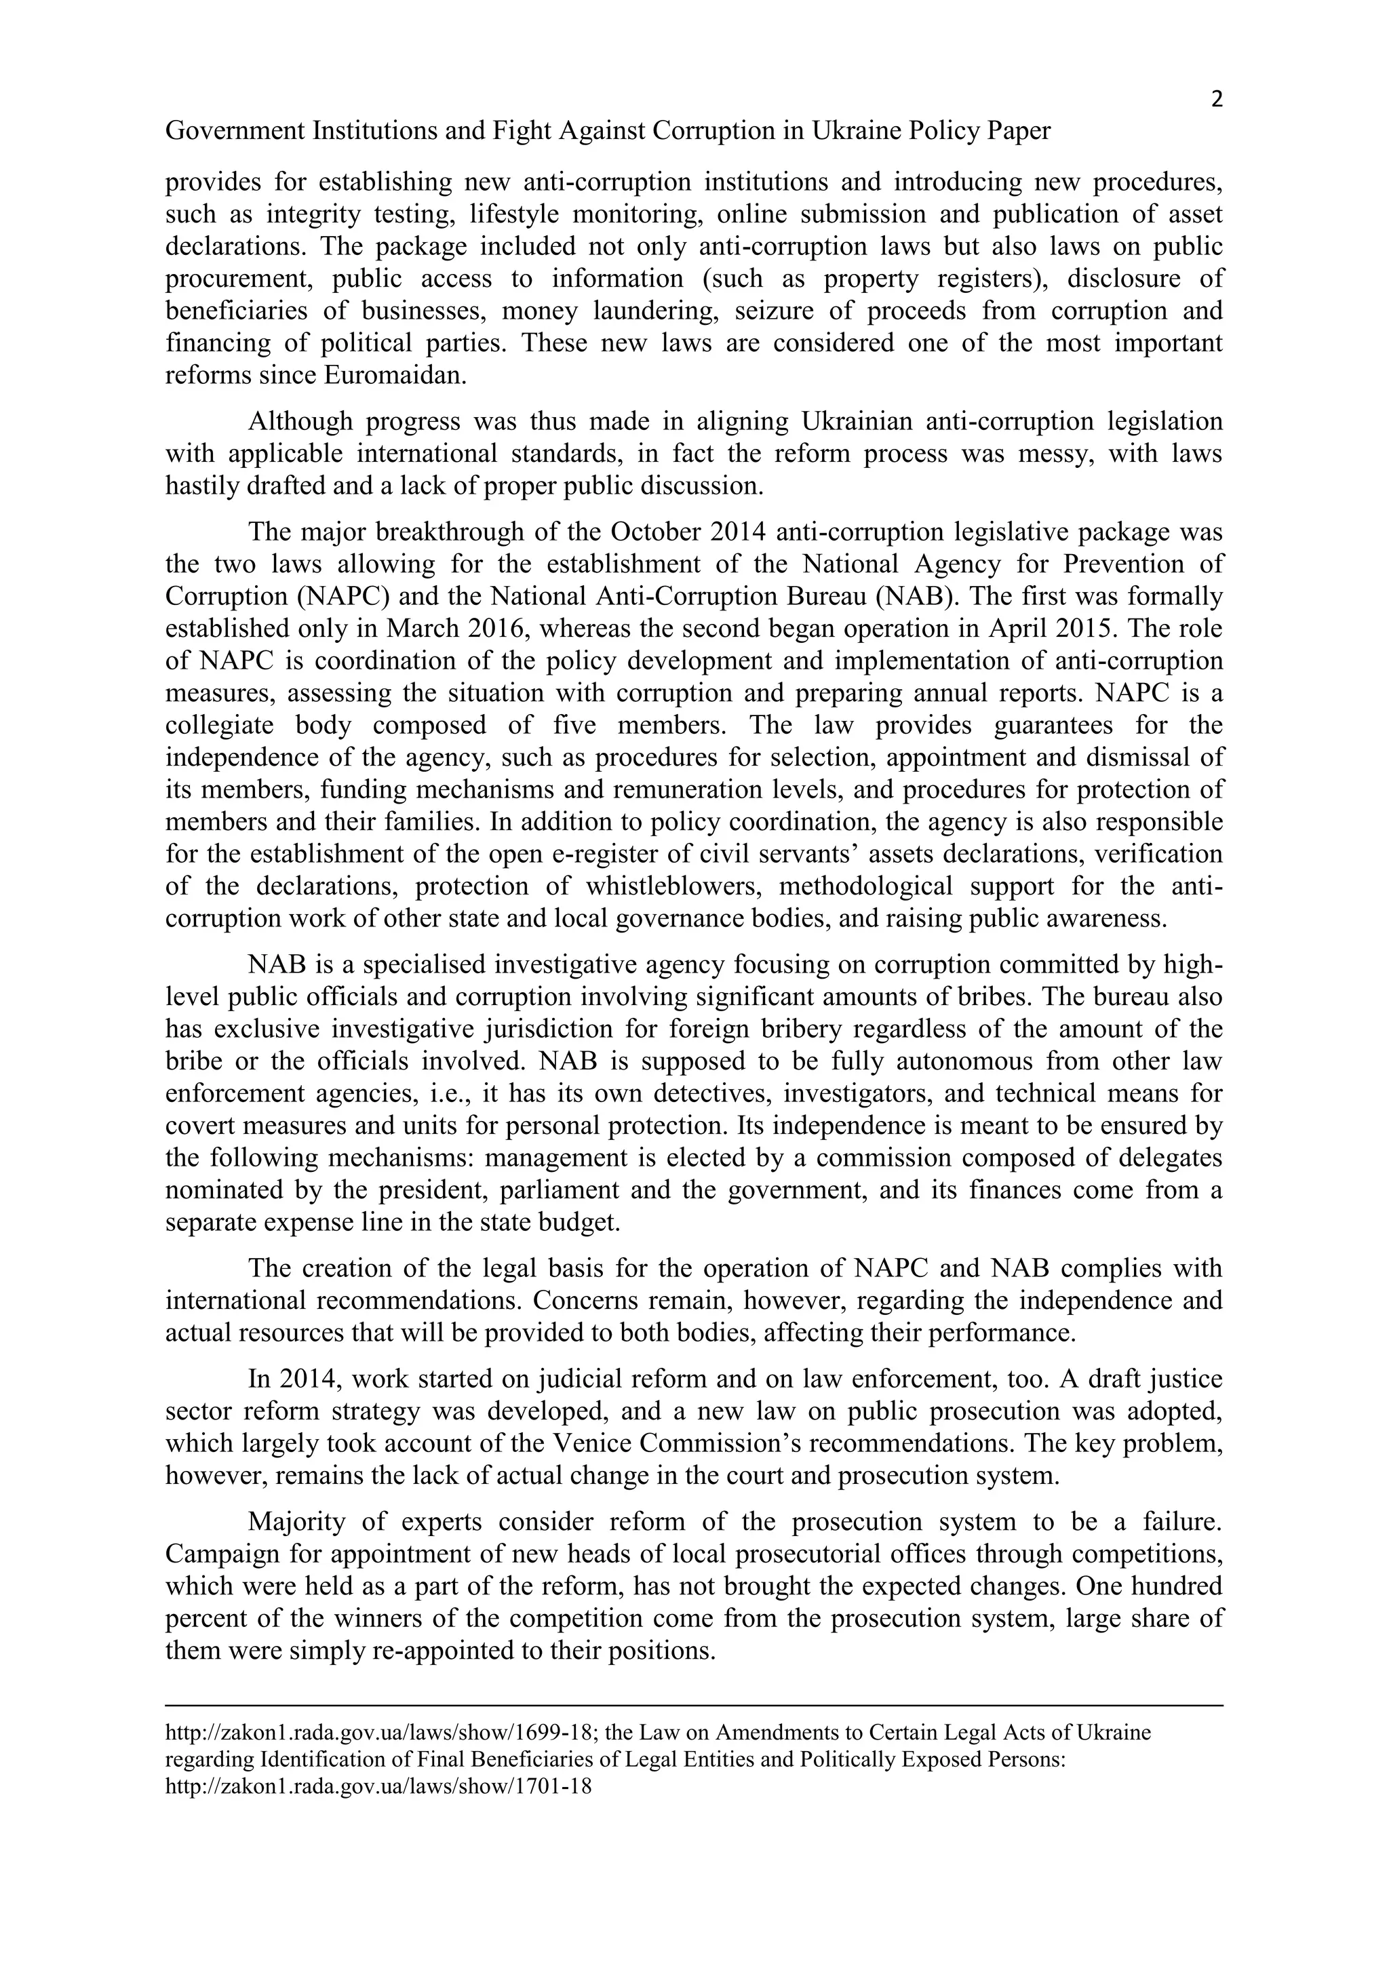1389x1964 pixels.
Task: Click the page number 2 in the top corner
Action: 1216,100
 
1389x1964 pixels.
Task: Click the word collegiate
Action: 220,726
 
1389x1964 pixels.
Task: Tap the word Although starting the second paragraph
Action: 299,422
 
